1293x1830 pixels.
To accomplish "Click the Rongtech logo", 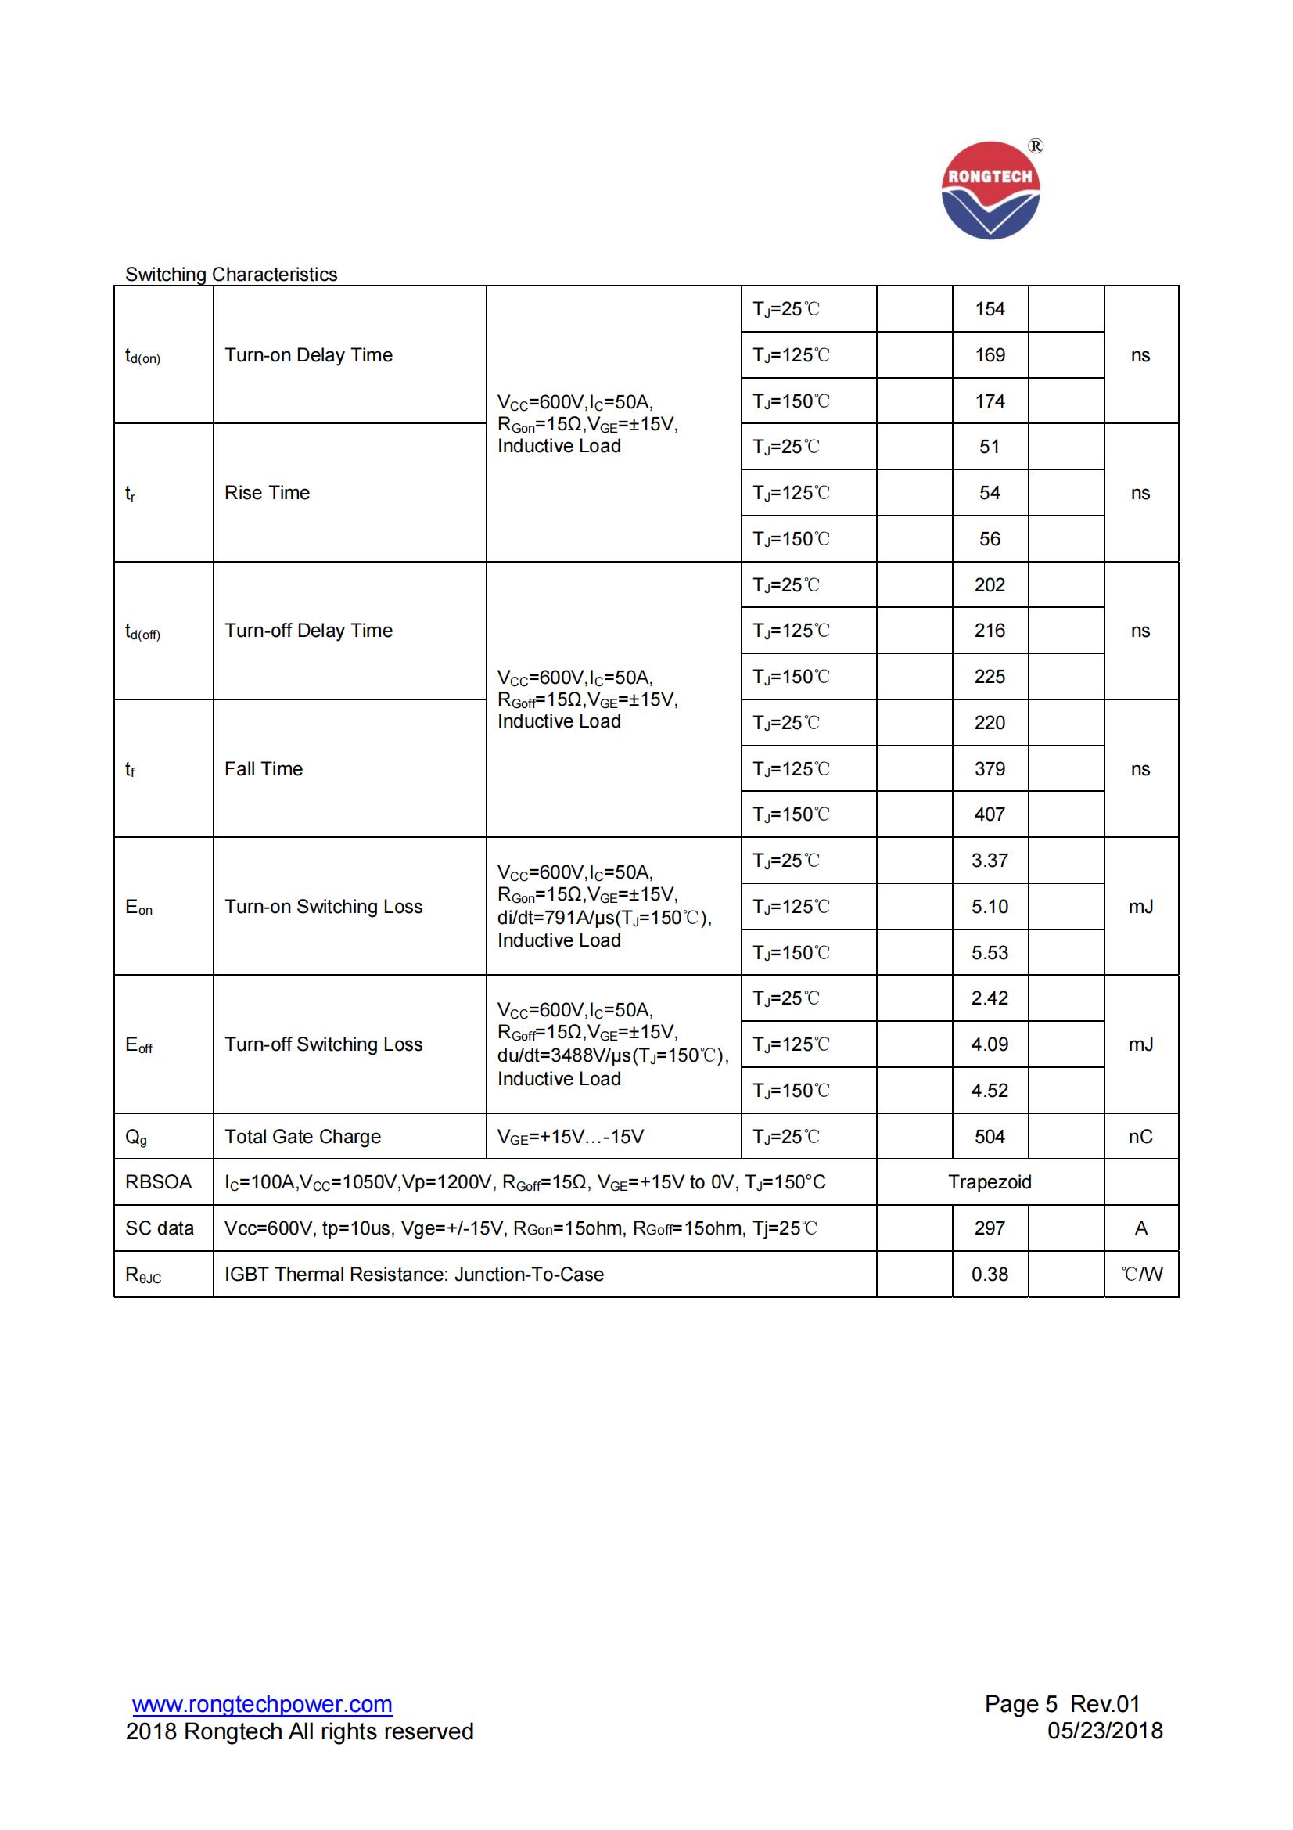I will [x=990, y=191].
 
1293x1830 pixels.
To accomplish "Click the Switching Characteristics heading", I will [x=231, y=274].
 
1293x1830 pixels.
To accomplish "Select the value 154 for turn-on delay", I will [x=990, y=309].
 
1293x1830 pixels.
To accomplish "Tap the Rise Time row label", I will [x=267, y=493].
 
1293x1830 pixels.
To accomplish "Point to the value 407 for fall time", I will [x=990, y=814].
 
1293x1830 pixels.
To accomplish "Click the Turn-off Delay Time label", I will [x=308, y=631].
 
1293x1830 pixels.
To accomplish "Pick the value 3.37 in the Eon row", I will [x=990, y=861].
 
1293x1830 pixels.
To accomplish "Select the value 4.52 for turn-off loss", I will [x=990, y=1091].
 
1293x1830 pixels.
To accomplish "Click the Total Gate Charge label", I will [x=303, y=1137].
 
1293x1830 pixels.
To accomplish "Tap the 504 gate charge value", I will [x=990, y=1137].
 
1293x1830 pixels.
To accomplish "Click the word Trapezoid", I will [x=990, y=1182].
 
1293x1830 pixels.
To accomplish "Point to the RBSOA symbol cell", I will [x=159, y=1182].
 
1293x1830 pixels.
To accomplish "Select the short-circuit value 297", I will [x=990, y=1228].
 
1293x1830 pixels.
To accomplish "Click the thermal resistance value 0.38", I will [x=990, y=1275].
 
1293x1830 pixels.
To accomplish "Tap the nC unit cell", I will [x=1140, y=1137].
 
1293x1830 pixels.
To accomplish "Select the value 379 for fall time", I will [x=990, y=769].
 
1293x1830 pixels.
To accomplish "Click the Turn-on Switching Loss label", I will [x=324, y=907].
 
